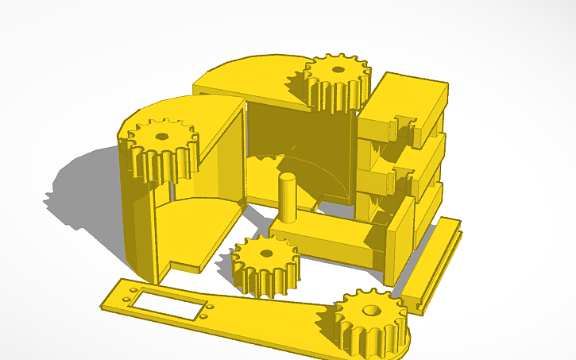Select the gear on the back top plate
click(x=337, y=81)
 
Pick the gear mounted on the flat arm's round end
click(x=370, y=322)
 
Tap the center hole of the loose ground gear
click(x=266, y=254)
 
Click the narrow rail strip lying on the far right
click(x=433, y=262)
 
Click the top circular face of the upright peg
click(x=287, y=177)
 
